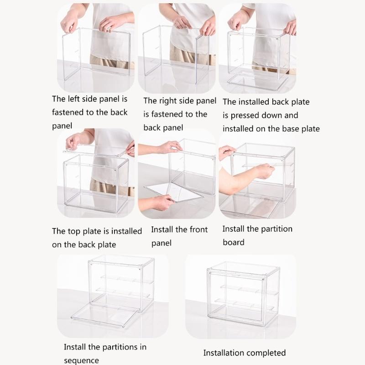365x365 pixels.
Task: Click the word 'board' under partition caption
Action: click(x=234, y=242)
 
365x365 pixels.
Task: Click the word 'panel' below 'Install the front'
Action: click(x=162, y=243)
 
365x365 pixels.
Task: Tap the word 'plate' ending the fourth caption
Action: click(x=106, y=245)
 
